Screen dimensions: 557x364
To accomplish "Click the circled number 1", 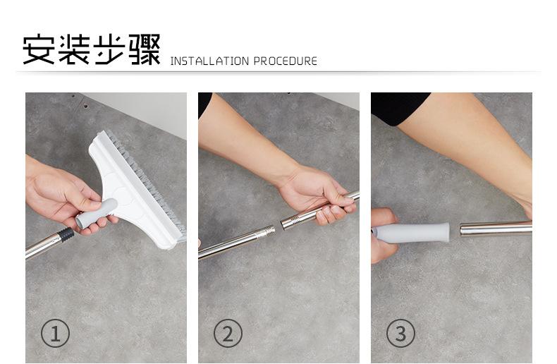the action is click(55, 334).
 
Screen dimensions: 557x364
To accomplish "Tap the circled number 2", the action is click(228, 334).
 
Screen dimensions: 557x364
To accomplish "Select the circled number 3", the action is click(400, 334).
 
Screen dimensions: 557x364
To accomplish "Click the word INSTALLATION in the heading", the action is click(209, 61).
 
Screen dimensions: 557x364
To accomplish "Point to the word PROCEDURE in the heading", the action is click(286, 61).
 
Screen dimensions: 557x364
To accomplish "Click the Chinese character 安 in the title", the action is click(39, 49).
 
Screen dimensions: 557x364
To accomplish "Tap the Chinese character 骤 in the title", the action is click(145, 49).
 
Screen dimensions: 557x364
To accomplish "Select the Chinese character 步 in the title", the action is click(109, 49).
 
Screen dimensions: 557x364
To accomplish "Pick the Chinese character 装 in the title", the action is click(74, 49).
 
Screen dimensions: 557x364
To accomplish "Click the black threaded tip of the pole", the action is click(66, 235).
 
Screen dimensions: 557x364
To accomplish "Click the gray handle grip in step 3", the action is click(411, 233).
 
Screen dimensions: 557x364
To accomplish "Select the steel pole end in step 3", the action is click(496, 229).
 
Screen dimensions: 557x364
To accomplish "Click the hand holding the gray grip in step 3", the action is click(383, 235).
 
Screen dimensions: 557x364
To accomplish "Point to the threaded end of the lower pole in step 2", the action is click(269, 232).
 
